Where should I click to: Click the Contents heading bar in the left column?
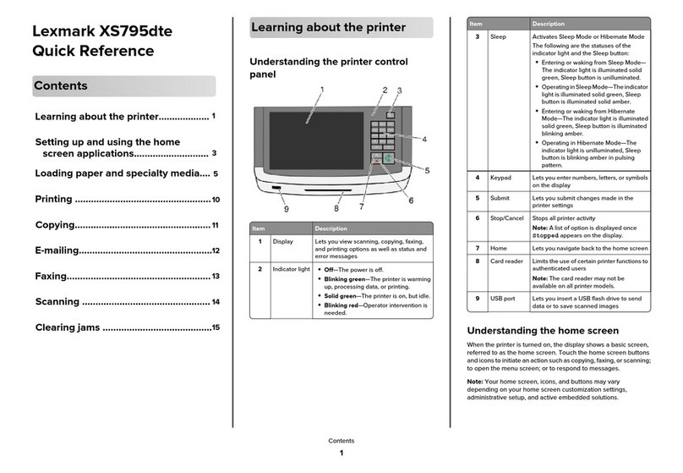tap(123, 85)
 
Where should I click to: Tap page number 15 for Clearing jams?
tap(216, 327)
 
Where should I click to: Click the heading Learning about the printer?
tap(330, 28)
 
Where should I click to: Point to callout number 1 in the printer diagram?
tap(322, 91)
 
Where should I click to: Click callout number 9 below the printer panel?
tap(286, 208)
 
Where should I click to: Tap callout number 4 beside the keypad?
tap(423, 138)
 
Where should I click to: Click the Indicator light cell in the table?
tap(292, 268)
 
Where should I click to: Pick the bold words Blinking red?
tap(345, 304)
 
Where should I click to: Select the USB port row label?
tap(504, 299)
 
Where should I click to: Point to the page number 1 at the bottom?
tap(341, 454)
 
